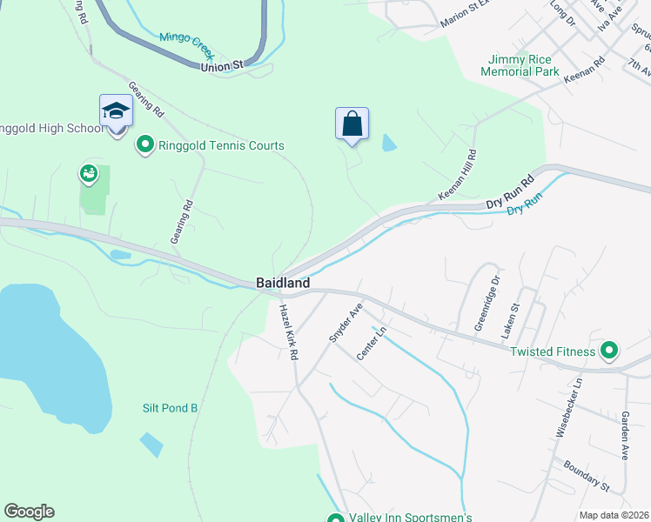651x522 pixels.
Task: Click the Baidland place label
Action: (283, 283)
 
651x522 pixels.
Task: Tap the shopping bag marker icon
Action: (352, 124)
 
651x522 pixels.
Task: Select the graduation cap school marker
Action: (116, 111)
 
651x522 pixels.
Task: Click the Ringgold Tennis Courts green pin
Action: (144, 145)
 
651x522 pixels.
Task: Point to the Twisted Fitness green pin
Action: (608, 351)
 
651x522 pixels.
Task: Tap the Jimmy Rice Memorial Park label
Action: (522, 65)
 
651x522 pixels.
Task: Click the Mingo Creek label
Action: (186, 39)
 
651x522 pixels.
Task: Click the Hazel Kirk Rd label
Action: (288, 332)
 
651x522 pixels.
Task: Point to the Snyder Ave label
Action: (345, 323)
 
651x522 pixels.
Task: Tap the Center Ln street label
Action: (371, 342)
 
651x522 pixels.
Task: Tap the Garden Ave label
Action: (625, 436)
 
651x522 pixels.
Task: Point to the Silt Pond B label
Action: (171, 407)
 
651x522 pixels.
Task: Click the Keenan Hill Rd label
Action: (458, 175)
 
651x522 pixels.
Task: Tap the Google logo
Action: (29, 512)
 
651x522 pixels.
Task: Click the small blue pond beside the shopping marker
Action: (388, 143)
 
